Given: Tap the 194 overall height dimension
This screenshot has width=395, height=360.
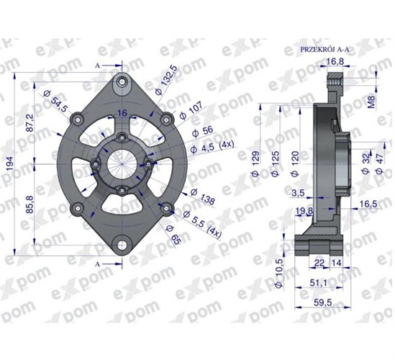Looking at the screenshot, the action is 9,163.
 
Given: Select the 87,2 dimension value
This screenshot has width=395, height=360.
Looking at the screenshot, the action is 29,122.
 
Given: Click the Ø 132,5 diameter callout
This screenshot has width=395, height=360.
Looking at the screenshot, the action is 166,80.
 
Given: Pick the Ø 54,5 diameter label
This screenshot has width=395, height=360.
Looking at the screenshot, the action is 55,101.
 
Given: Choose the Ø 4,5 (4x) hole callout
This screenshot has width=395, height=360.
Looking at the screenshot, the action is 212,147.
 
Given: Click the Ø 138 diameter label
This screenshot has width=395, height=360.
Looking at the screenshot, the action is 203,197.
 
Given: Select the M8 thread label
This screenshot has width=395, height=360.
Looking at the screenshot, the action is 371,102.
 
